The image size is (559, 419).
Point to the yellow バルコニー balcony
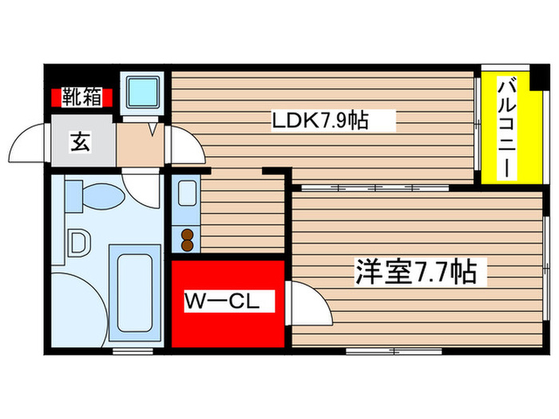(505, 128)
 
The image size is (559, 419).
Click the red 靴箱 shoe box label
(81, 98)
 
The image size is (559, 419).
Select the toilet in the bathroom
(93, 195)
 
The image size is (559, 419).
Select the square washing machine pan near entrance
(143, 94)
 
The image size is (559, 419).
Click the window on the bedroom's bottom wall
(384, 350)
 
